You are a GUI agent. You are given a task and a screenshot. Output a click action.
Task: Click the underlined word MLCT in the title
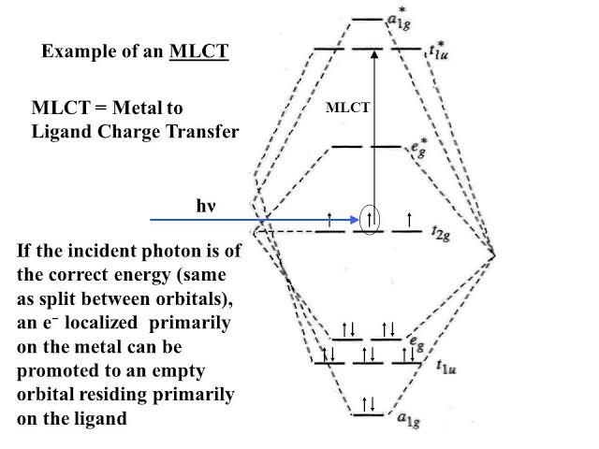(198, 51)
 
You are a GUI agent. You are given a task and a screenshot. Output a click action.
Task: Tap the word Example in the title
(76, 51)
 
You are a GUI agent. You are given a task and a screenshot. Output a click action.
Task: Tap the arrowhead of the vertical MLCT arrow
(373, 55)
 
